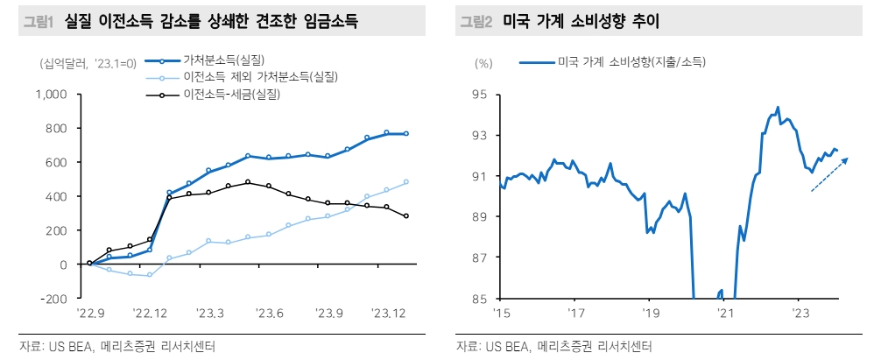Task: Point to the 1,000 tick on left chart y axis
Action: tap(53, 94)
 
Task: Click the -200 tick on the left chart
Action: tap(55, 299)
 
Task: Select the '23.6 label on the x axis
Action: tap(269, 313)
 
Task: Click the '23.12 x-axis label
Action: tap(387, 313)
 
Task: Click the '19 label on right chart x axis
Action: tap(648, 313)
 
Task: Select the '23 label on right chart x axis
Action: tap(798, 313)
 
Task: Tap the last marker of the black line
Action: tap(406, 216)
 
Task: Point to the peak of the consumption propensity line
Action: tap(778, 108)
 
